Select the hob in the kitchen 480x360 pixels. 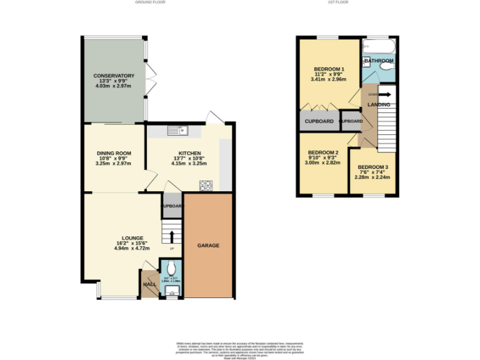point(205,185)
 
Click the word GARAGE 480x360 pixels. point(209,246)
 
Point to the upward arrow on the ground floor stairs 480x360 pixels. point(172,236)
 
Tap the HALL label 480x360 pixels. point(149,284)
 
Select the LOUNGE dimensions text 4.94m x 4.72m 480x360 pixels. point(132,248)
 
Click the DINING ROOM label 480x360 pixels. point(114,154)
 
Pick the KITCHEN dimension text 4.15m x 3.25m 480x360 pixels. point(189,164)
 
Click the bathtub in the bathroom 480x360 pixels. point(379,47)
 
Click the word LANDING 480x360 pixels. point(379,104)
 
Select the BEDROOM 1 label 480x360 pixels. point(329,69)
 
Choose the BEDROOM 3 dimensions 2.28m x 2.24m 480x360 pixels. point(372,177)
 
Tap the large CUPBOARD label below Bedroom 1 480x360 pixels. point(319,121)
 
